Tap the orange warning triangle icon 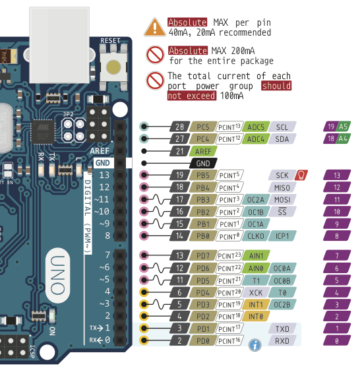point(155,27)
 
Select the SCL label point(282,127)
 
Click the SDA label point(282,139)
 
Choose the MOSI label point(282,199)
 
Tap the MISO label point(282,187)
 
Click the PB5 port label point(202,175)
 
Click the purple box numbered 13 point(337,175)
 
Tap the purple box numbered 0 point(337,341)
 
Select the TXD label point(282,329)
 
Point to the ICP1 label point(282,236)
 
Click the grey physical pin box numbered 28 point(178,127)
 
